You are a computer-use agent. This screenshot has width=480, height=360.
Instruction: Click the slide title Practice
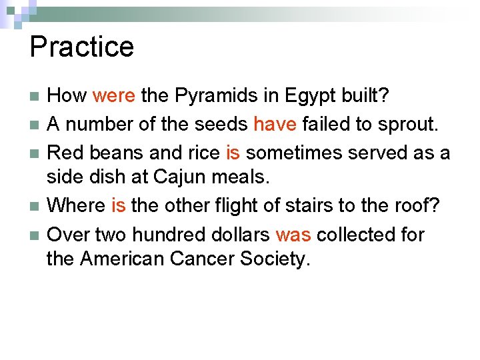click(x=82, y=47)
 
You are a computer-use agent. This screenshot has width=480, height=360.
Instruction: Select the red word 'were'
click(x=114, y=96)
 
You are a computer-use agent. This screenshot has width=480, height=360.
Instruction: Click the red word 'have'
click(x=275, y=125)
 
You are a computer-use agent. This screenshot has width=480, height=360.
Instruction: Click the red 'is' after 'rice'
click(x=233, y=153)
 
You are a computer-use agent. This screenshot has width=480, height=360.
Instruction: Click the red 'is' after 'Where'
click(x=118, y=206)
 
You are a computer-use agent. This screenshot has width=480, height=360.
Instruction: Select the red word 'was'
click(x=293, y=234)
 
